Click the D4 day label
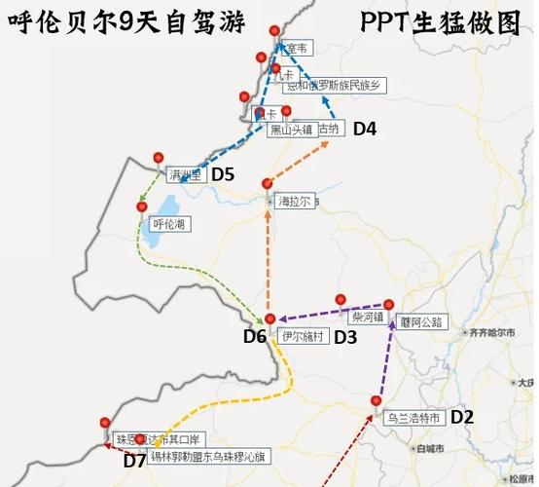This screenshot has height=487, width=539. coord(364,128)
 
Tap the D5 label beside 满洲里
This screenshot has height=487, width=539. coord(223,174)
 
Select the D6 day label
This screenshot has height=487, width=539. coord(255,337)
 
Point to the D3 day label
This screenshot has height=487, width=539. coord(345,337)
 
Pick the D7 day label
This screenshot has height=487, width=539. coord(134,461)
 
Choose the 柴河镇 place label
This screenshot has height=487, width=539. coord(367,318)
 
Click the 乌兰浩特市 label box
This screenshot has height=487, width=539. coord(414,418)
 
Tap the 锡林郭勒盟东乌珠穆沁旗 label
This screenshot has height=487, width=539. coord(203,456)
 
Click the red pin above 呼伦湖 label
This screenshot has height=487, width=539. coord(142,206)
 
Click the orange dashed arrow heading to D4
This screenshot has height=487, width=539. coord(301,162)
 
